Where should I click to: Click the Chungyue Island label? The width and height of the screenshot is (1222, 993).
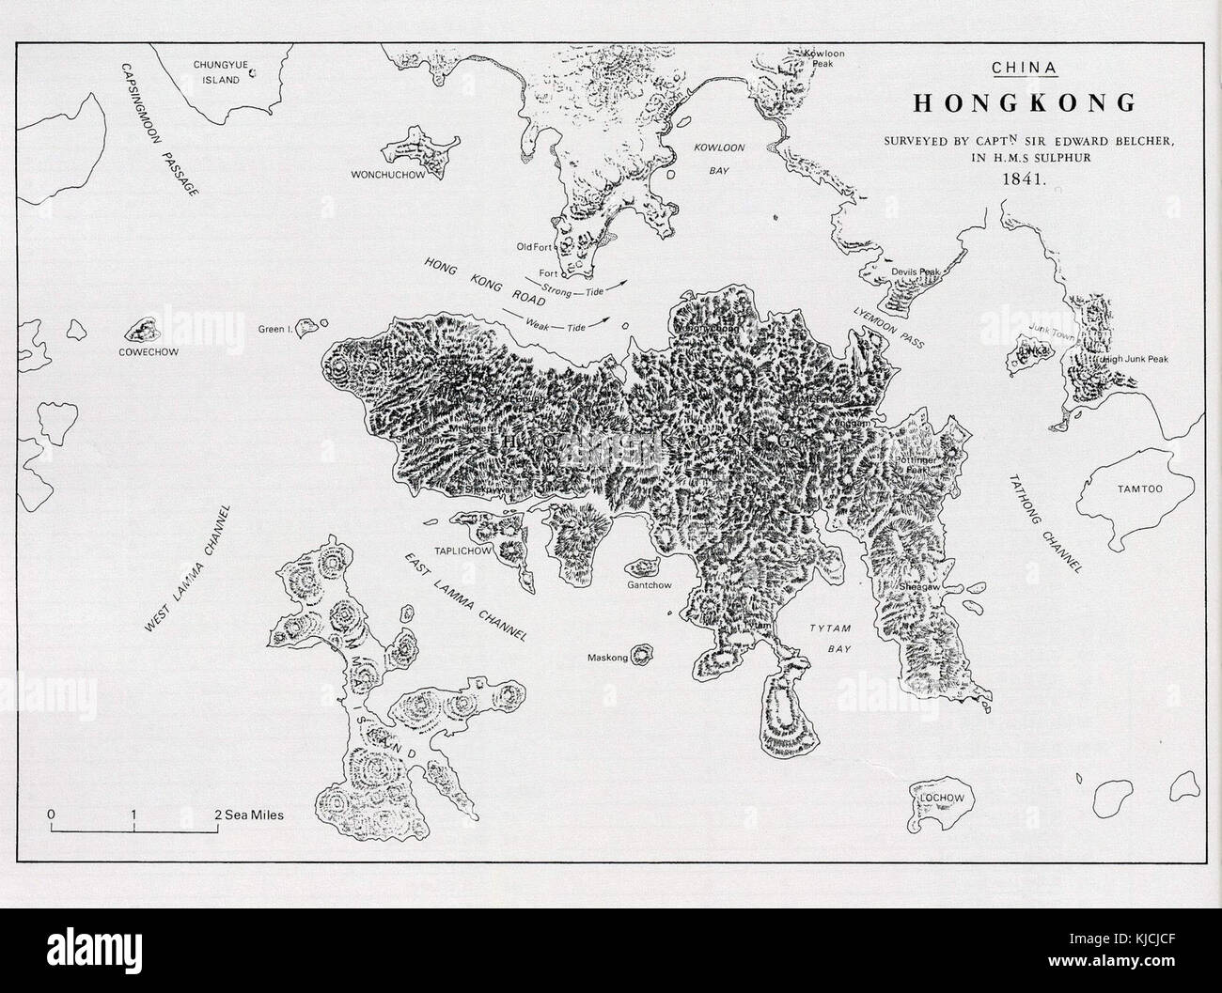217,72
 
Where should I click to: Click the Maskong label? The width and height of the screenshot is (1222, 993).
607,658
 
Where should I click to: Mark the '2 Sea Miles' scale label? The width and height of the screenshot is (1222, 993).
249,815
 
